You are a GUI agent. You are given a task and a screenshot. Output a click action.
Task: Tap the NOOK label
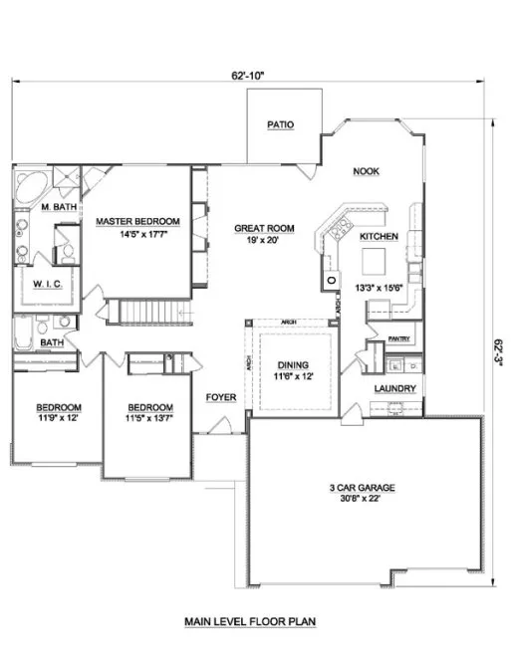366,171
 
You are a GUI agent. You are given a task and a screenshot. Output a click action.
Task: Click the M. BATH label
59,207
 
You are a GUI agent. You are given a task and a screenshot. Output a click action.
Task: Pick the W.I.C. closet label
48,285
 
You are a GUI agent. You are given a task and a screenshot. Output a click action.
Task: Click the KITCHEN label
379,237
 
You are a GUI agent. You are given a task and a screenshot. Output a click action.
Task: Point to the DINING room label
293,365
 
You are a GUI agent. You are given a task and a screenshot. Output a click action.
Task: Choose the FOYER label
220,397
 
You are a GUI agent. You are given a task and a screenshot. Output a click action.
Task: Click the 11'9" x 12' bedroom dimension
59,419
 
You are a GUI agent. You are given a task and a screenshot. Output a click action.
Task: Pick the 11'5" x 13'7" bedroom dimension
150,419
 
